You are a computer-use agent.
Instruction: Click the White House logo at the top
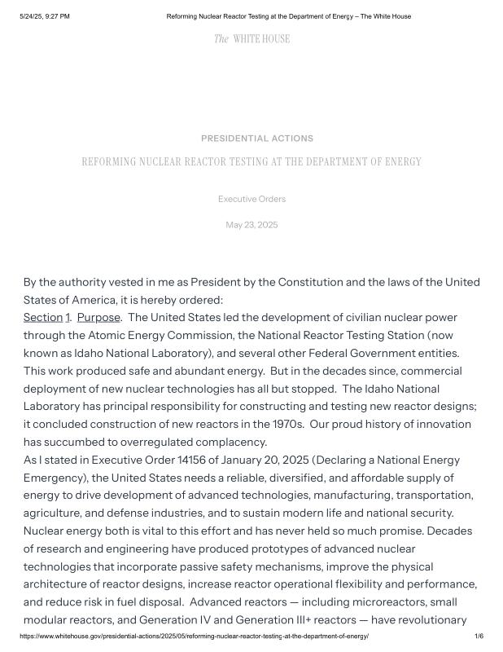click(251, 38)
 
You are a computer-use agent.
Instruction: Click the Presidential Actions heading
click(257, 139)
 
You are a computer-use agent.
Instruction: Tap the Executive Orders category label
click(251, 199)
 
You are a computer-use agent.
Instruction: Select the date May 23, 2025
click(251, 225)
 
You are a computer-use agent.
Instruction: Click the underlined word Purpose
click(98, 317)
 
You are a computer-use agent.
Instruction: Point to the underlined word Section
click(43, 317)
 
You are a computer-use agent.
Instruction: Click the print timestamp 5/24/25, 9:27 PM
click(45, 16)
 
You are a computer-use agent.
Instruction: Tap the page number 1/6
click(479, 636)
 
